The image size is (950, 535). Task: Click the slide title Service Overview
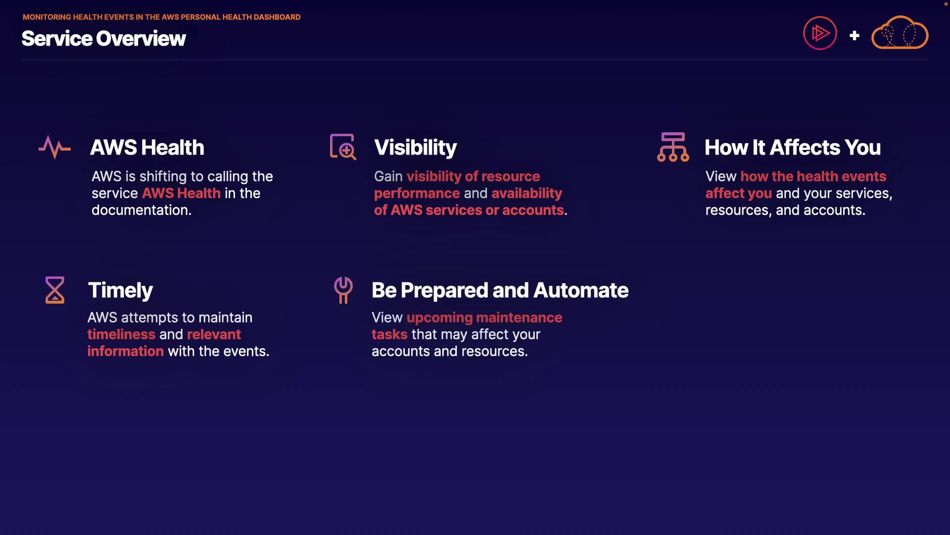pyautogui.click(x=103, y=39)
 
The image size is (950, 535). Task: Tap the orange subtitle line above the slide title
pyautogui.click(x=161, y=17)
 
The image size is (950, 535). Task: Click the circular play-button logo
pyautogui.click(x=820, y=33)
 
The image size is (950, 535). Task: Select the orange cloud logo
pyautogui.click(x=900, y=33)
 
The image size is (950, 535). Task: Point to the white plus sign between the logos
pyautogui.click(x=855, y=36)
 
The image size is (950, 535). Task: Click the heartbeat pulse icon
pyautogui.click(x=55, y=147)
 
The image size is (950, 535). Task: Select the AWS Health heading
pyautogui.click(x=147, y=148)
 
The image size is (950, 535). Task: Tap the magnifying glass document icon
pyautogui.click(x=343, y=147)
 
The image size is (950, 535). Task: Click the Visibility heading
pyautogui.click(x=416, y=148)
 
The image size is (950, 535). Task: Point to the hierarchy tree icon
pyautogui.click(x=673, y=147)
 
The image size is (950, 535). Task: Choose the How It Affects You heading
pyautogui.click(x=793, y=148)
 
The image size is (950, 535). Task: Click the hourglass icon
pyautogui.click(x=55, y=290)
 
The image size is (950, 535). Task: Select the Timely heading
pyautogui.click(x=120, y=290)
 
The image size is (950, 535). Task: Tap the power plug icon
pyautogui.click(x=343, y=290)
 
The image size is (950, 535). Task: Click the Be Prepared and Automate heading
pyautogui.click(x=500, y=290)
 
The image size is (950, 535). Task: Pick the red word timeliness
pyautogui.click(x=122, y=334)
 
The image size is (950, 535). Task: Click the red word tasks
pyautogui.click(x=389, y=334)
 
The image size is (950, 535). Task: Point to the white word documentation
pyautogui.click(x=142, y=210)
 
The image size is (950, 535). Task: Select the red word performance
pyautogui.click(x=417, y=194)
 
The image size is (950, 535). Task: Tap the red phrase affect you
pyautogui.click(x=739, y=194)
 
